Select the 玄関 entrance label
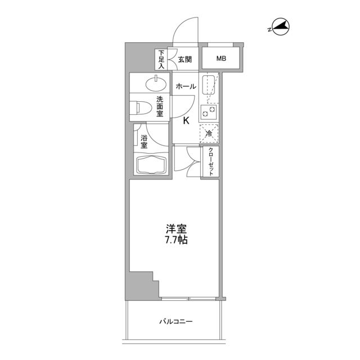185,58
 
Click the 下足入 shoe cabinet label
161,59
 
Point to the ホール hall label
186,86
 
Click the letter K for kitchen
186,120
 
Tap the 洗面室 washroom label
160,106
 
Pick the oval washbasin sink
155,85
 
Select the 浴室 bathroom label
144,141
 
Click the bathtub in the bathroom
152,166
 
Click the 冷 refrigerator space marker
209,133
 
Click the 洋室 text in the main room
175,229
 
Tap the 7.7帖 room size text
175,240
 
